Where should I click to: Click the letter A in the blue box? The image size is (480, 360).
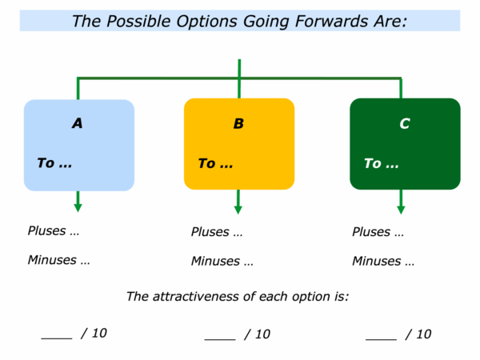pyautogui.click(x=78, y=123)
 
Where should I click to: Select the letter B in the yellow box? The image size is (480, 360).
pyautogui.click(x=238, y=124)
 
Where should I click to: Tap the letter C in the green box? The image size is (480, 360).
pyautogui.click(x=404, y=124)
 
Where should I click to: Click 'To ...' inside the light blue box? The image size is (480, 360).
pyautogui.click(x=54, y=163)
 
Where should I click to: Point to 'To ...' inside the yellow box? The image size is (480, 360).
pyautogui.click(x=215, y=163)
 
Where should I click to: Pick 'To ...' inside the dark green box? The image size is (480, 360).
pyautogui.click(x=382, y=163)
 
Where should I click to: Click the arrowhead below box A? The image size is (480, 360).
pyautogui.click(x=78, y=208)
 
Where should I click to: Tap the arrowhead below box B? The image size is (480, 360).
pyautogui.click(x=238, y=210)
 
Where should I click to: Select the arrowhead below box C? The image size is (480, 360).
pyautogui.click(x=401, y=210)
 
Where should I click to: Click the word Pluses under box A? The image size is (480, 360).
pyautogui.click(x=47, y=231)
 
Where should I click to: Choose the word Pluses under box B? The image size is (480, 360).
pyautogui.click(x=210, y=232)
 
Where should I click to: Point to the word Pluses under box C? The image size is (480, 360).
pyautogui.click(x=371, y=232)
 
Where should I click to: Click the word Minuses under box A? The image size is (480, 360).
pyautogui.click(x=52, y=260)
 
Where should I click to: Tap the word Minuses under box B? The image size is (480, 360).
pyautogui.click(x=215, y=262)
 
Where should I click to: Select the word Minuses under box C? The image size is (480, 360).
pyautogui.click(x=377, y=262)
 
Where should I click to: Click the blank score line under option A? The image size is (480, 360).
pyautogui.click(x=57, y=338)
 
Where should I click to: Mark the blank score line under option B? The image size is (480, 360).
pyautogui.click(x=220, y=339)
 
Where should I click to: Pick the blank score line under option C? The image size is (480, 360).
pyautogui.click(x=381, y=339)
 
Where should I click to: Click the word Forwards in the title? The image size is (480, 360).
pyautogui.click(x=331, y=22)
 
